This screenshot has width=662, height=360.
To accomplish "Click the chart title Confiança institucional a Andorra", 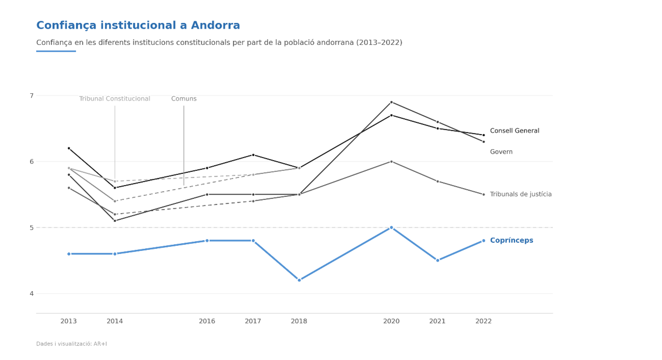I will point(138,25).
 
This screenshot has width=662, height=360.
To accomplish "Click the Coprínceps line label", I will point(511,241).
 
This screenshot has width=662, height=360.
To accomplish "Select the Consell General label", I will point(514,131).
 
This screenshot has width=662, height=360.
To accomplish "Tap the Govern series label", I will point(501,152).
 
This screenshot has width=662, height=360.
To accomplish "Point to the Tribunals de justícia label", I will point(520,194).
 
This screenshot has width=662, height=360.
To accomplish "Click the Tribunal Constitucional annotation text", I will point(115,99).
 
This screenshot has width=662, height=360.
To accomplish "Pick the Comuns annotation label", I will point(183,99).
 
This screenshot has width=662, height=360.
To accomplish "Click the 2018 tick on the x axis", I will point(299,321).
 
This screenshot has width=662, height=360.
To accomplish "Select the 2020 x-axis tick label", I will point(391,321).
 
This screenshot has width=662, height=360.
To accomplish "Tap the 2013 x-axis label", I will point(69,321).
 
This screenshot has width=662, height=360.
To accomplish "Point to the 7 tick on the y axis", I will point(31,96).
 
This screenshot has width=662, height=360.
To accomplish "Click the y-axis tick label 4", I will point(31,294).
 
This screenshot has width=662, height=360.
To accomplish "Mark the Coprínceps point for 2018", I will point(299,280).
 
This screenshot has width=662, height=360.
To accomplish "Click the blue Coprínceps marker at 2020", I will point(391,227).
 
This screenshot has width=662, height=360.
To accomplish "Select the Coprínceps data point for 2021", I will point(437,260).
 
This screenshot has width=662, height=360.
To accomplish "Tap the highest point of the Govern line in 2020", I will point(391,102).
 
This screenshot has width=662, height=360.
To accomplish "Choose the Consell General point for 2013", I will point(69,148).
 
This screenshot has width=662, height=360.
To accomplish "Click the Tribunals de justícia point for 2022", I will point(484,194).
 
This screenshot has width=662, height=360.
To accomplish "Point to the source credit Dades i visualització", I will point(71,344).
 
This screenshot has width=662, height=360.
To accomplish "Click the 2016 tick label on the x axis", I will point(207,321).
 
